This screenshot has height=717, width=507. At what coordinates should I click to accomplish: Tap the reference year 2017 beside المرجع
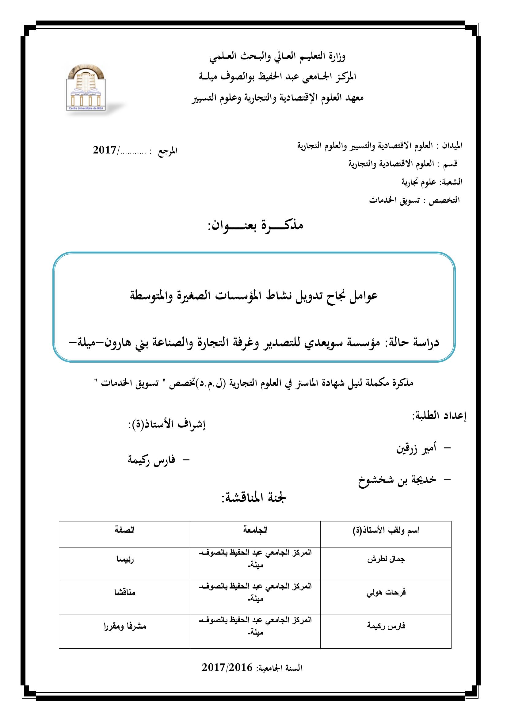(x=105, y=150)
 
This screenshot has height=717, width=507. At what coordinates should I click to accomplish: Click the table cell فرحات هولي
(x=386, y=593)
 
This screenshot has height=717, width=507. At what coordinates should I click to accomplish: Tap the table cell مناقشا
(x=124, y=593)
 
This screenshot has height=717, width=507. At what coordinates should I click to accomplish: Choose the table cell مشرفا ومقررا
(x=124, y=627)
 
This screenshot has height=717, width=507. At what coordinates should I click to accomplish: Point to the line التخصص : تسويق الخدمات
(x=414, y=200)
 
